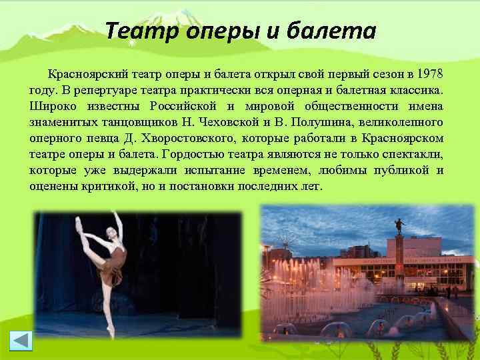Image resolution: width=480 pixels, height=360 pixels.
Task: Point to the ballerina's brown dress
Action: tap(112, 263)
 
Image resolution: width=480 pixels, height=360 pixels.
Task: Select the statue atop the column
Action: tap(399, 223)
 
